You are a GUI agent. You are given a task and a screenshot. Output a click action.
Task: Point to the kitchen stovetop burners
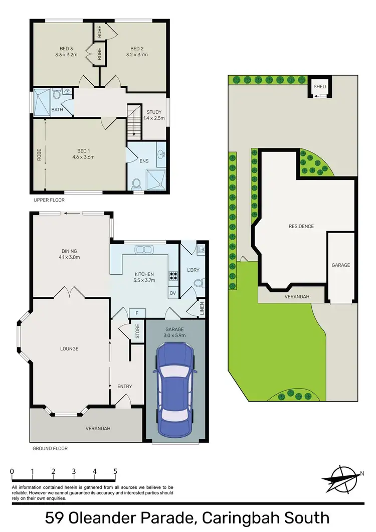(174, 275)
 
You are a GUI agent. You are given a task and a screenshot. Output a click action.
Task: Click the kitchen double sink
(145, 249)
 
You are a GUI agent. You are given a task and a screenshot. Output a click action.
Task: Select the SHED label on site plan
(320, 87)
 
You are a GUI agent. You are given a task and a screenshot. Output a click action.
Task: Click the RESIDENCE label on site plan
(301, 226)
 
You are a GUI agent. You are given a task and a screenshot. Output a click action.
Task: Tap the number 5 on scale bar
(115, 471)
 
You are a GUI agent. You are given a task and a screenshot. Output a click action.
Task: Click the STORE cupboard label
(137, 331)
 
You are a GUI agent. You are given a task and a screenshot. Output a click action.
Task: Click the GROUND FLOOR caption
(50, 448)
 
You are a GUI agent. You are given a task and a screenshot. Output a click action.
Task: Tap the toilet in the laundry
(198, 284)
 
